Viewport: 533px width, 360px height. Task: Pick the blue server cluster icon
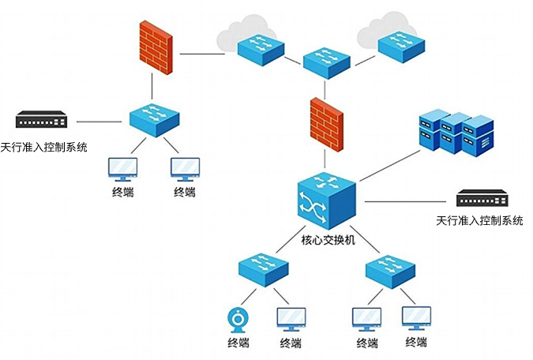click(455, 134)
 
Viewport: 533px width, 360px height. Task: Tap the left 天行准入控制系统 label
click(43, 147)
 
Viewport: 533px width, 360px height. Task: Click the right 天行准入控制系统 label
click(480, 220)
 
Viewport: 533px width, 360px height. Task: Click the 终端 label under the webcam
click(238, 343)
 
